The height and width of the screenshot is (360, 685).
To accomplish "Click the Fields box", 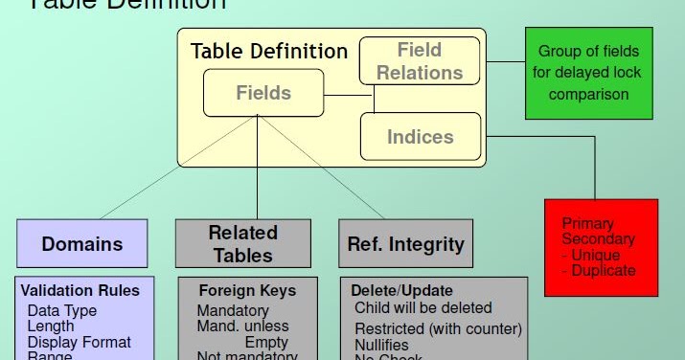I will click(263, 94).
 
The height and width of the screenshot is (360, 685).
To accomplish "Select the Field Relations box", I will click(419, 60).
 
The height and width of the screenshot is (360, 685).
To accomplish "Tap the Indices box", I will click(419, 137).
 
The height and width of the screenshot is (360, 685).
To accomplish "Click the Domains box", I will click(82, 243).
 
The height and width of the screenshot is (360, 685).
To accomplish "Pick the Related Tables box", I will click(242, 243).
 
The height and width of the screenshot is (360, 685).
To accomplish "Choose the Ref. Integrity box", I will click(405, 243).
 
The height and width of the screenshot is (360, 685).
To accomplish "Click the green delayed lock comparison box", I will click(587, 73).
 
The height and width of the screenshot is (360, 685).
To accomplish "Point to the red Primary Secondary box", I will click(601, 247).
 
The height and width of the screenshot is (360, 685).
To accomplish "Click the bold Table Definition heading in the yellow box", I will click(269, 51).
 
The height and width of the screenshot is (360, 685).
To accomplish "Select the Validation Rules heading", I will click(80, 290).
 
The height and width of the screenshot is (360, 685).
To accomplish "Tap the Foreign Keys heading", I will click(247, 290).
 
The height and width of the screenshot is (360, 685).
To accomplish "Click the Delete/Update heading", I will click(401, 290).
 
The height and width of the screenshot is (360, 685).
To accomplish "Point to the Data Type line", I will click(62, 310).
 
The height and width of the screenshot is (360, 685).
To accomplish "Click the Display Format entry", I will click(80, 342).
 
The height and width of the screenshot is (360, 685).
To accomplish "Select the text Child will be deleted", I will click(422, 307).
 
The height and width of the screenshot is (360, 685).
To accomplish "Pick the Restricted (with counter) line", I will click(438, 328).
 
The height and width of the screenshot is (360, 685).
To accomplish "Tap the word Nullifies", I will click(381, 345).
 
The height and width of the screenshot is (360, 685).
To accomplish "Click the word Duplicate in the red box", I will click(605, 270).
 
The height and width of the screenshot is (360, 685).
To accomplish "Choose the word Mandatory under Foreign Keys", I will click(233, 310).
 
